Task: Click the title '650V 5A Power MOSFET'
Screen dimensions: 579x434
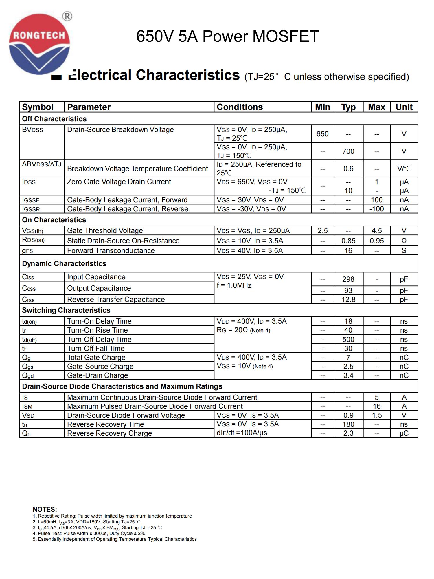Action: coord(227,36)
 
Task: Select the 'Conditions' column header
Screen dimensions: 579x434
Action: coord(240,107)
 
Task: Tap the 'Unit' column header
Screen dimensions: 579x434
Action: coord(404,107)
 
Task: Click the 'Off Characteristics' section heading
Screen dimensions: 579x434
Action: coord(54,119)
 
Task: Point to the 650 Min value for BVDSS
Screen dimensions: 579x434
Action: coord(322,134)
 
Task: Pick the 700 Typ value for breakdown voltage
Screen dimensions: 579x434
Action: coord(348,151)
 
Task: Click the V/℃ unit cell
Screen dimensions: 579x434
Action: coord(404,169)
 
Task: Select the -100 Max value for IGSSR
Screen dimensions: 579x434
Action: coord(376,209)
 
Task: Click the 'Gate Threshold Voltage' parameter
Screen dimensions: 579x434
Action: coord(105,231)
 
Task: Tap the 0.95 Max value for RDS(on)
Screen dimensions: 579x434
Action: coord(376,241)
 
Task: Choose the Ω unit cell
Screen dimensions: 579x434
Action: coord(404,241)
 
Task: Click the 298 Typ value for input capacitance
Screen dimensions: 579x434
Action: coord(348,279)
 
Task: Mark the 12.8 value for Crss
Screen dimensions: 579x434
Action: coord(348,300)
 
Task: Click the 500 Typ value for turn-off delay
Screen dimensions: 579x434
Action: coord(348,340)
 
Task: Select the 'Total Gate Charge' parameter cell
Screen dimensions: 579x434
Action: coord(96,358)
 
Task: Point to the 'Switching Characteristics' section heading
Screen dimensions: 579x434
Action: coord(66,310)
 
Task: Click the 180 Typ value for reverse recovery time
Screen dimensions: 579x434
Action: coord(348,424)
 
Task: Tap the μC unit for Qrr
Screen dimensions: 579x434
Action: coord(404,433)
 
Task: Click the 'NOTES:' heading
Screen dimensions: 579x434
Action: coord(45,509)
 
